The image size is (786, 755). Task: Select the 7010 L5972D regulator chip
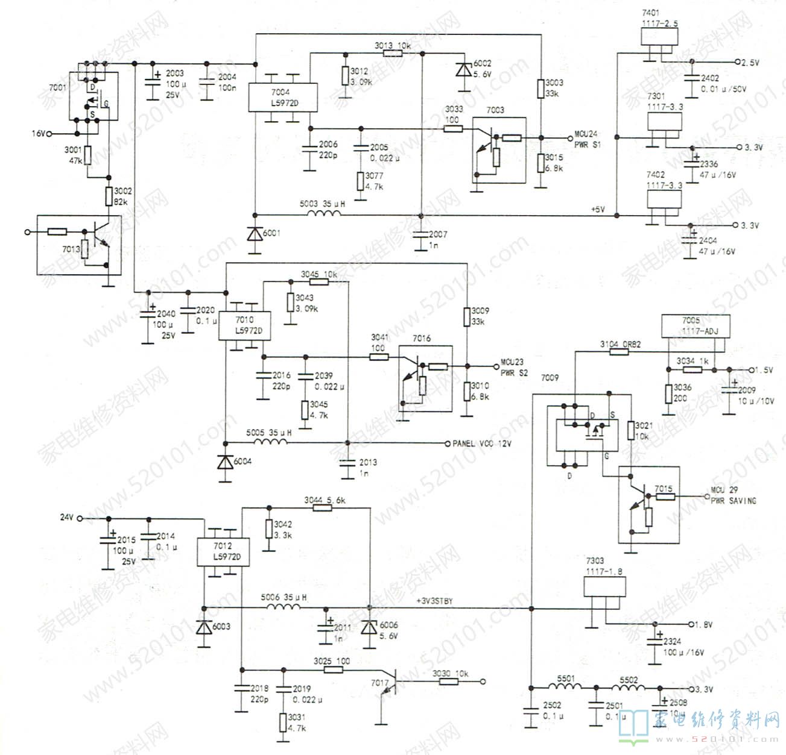click(x=243, y=325)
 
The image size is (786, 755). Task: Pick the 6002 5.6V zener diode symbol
click(x=463, y=69)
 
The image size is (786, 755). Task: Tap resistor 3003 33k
click(x=540, y=89)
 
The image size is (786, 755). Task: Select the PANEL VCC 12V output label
click(x=482, y=443)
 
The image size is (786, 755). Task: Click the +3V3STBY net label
click(x=434, y=601)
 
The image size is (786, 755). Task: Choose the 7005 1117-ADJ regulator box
click(x=695, y=326)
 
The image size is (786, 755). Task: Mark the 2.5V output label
click(x=750, y=63)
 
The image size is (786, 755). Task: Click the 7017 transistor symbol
click(x=389, y=684)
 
